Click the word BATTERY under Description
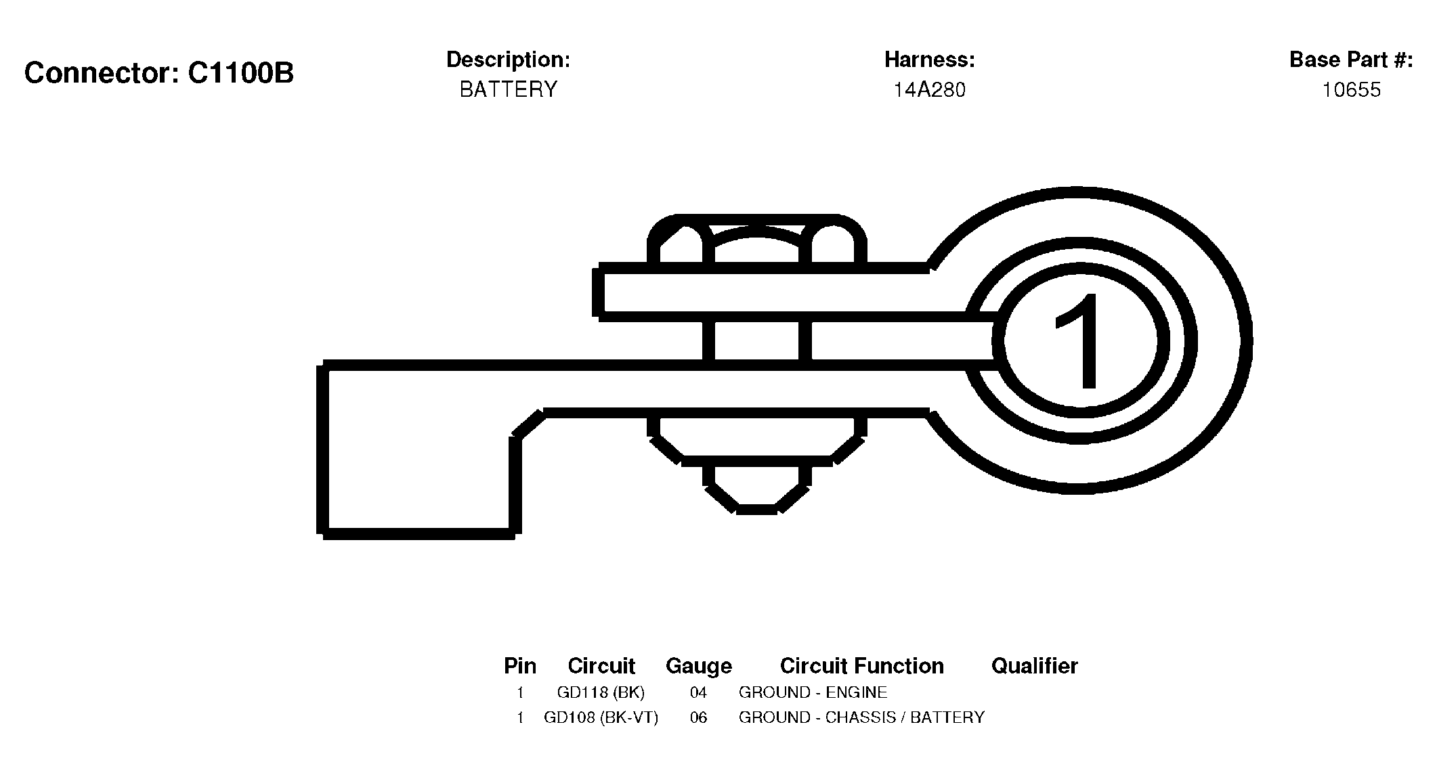[508, 89]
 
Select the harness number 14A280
[929, 89]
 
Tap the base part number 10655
[1351, 89]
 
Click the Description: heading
[508, 60]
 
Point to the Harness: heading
[929, 60]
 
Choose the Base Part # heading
[1351, 60]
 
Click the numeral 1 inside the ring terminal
[1079, 341]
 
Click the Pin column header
[519, 666]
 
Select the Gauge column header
[698, 666]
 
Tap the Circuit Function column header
[861, 666]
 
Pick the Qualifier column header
[1034, 666]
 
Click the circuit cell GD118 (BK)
[601, 692]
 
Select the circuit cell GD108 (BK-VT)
[601, 717]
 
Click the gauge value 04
[698, 692]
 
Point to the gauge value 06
[698, 717]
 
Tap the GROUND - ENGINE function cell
[813, 692]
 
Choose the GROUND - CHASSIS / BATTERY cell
[861, 717]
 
